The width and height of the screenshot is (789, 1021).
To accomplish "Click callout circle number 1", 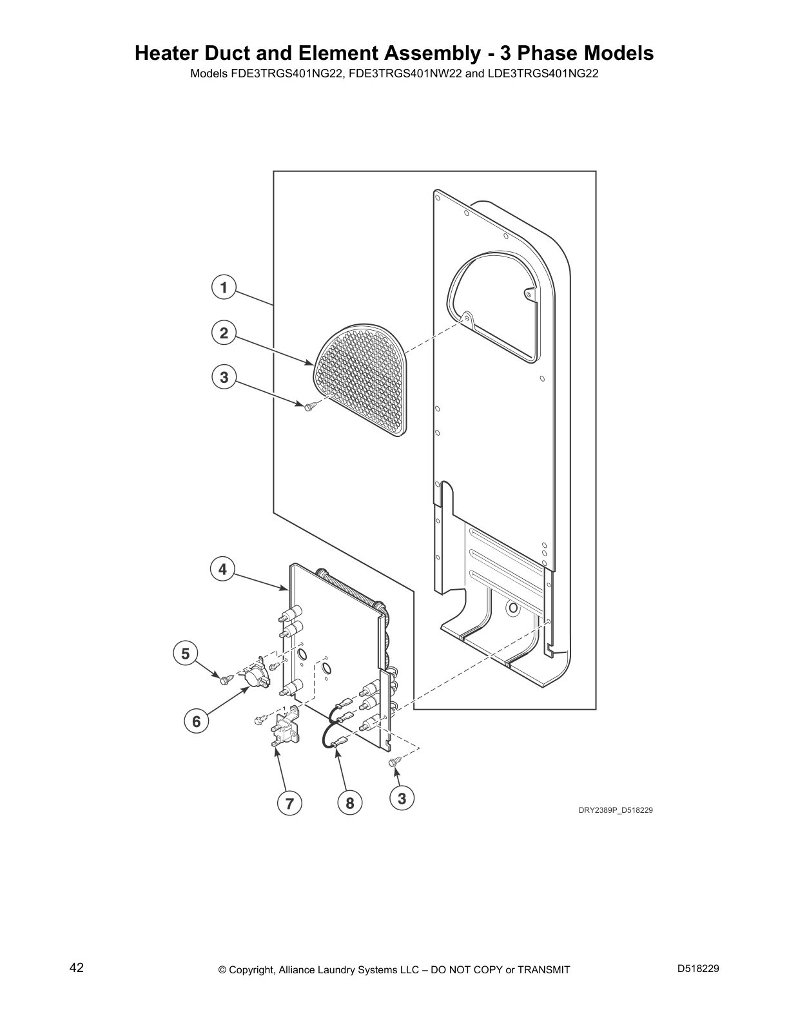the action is (224, 287).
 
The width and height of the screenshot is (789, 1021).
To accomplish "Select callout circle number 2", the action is (224, 332).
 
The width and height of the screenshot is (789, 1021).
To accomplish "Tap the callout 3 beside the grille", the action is (224, 377).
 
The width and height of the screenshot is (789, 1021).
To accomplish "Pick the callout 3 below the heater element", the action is (402, 798).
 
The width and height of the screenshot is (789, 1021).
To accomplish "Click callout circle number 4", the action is (222, 569).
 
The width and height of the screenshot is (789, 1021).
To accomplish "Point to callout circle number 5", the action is (186, 654).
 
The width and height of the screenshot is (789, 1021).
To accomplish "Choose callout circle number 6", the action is (197, 721).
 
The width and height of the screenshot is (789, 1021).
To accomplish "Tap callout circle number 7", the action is (289, 803).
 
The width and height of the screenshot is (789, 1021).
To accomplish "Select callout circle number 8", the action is (349, 803).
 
